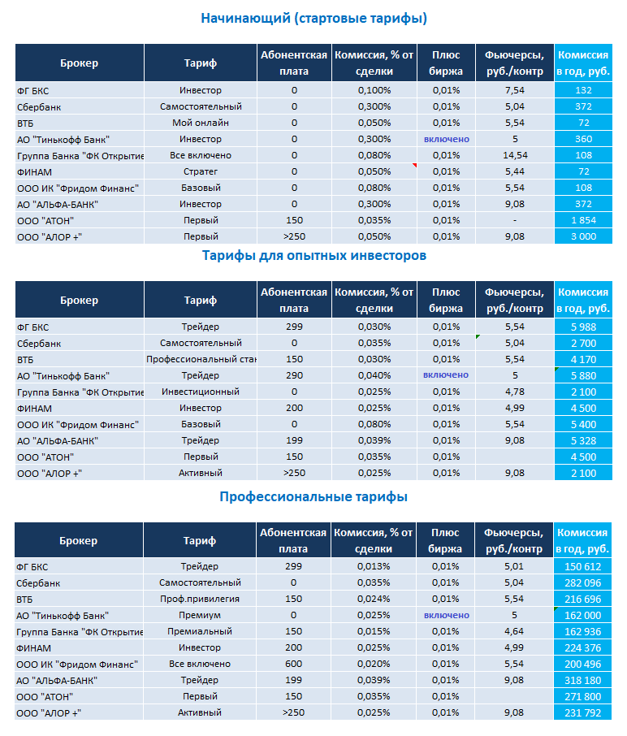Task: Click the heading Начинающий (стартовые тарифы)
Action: click(x=313, y=18)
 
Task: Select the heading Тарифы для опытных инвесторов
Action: click(x=313, y=256)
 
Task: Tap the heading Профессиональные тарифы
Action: click(x=313, y=496)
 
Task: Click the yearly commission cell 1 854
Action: click(x=582, y=220)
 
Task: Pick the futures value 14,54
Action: click(x=514, y=155)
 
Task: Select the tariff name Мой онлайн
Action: click(x=200, y=123)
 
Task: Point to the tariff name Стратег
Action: click(x=200, y=171)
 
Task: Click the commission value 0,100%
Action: click(x=374, y=90)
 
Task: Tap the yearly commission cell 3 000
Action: click(x=582, y=236)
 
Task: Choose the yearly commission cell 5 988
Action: click(x=582, y=327)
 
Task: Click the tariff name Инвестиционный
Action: click(x=200, y=392)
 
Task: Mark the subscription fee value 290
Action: click(x=294, y=375)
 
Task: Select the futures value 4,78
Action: click(x=514, y=392)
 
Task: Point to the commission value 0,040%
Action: click(x=374, y=375)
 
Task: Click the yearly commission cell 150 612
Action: click(x=582, y=567)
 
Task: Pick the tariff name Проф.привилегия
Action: click(x=200, y=600)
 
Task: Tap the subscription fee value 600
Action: click(x=294, y=664)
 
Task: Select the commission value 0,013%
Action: click(x=374, y=567)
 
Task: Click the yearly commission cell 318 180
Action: click(x=582, y=680)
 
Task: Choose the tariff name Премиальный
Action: click(x=200, y=631)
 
